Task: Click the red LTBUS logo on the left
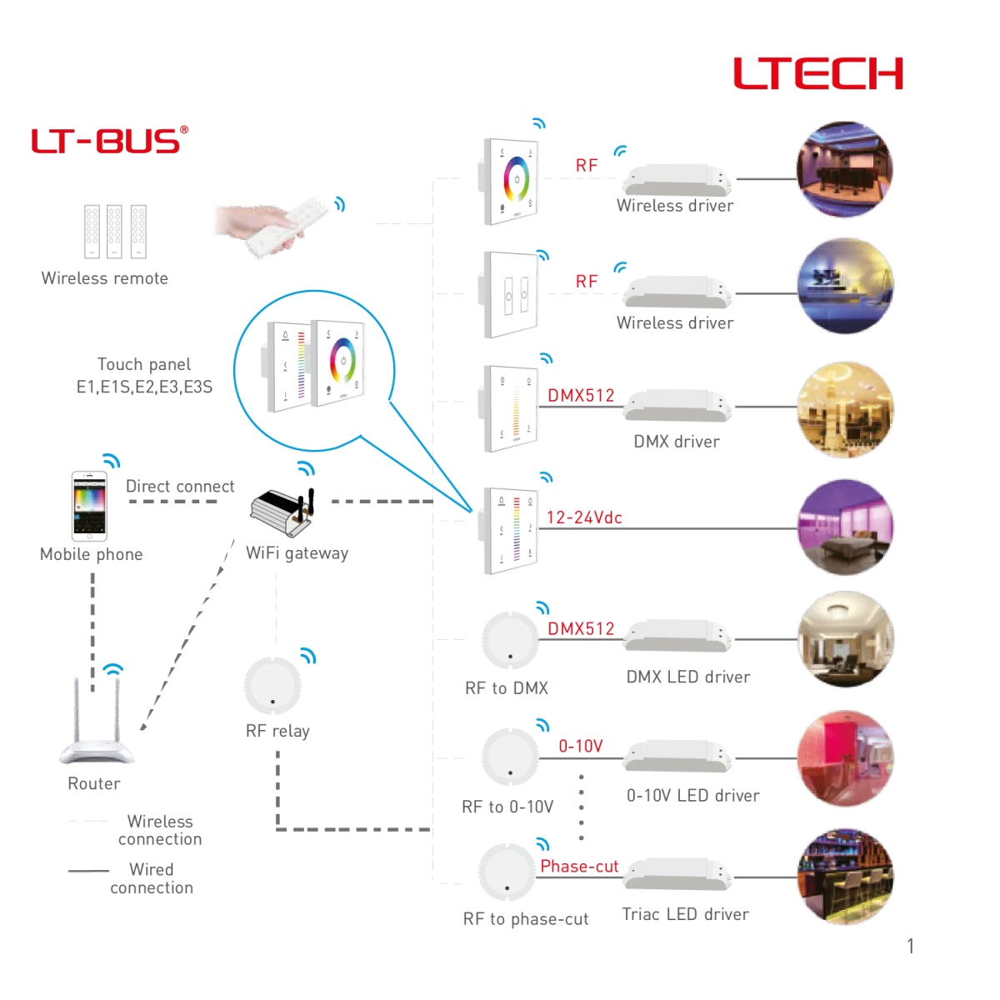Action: [110, 142]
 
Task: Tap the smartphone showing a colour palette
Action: [89, 507]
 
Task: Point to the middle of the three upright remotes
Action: [114, 238]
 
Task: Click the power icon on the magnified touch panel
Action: [342, 361]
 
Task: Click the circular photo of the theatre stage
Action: [844, 167]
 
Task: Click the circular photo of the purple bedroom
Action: [844, 527]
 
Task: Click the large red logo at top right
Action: [817, 82]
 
